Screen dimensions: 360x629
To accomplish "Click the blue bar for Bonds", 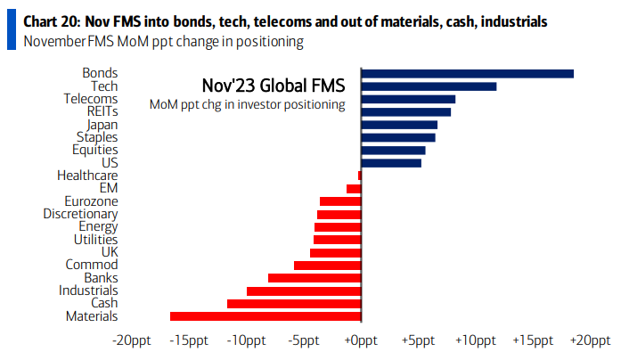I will (x=467, y=73).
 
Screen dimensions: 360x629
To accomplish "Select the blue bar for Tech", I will (x=429, y=86).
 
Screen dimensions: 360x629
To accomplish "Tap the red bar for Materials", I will (x=265, y=315).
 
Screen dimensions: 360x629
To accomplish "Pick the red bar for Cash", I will (x=294, y=303).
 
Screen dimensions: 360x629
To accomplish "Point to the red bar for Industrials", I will (x=304, y=290).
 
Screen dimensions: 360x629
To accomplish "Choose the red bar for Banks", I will (x=314, y=278).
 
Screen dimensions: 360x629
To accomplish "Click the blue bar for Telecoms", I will (x=408, y=99).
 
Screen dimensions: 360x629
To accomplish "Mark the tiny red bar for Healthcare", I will (x=359, y=176).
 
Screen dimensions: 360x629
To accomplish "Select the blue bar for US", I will (x=391, y=163).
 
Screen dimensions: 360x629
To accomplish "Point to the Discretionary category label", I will (x=80, y=214).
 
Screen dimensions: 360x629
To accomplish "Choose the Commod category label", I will (x=92, y=265).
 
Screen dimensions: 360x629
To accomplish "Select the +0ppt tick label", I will (x=361, y=340).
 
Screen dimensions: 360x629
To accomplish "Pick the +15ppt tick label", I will (x=533, y=340).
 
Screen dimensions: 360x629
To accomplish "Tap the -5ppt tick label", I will (x=304, y=340).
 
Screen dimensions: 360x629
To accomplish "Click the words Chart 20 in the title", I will (x=50, y=20).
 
